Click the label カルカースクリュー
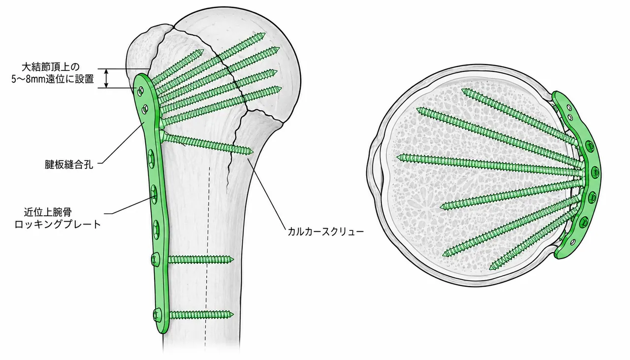click(x=325, y=231)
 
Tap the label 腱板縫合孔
click(x=69, y=164)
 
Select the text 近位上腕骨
click(x=48, y=212)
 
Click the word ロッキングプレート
click(x=58, y=225)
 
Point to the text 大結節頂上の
click(x=51, y=67)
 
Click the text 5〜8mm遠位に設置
click(x=53, y=79)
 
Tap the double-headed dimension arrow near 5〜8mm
click(x=106, y=78)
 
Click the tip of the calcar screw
click(x=253, y=152)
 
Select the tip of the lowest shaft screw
click(x=233, y=314)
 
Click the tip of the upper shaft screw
click(x=233, y=259)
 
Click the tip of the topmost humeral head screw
click(x=265, y=34)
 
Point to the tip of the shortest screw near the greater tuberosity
click(x=203, y=51)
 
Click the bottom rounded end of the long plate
click(x=162, y=331)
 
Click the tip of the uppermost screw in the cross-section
click(x=462, y=90)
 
